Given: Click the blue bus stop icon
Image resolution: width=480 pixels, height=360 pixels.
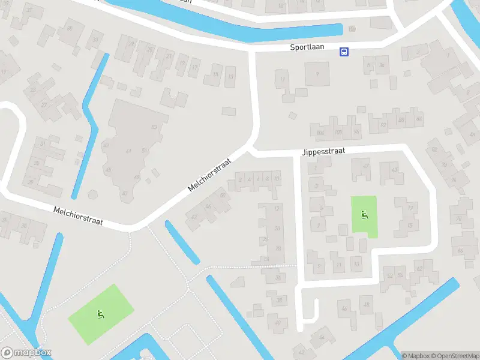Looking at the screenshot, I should [x=344, y=52].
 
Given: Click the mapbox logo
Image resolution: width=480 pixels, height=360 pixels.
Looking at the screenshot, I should [x=26, y=353].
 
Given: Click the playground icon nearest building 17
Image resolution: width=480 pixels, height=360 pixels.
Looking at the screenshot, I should [x=364, y=215].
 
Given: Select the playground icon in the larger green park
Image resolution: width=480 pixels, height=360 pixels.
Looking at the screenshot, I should [x=100, y=313].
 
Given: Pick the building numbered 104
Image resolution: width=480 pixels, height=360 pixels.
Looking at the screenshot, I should [x=320, y=132].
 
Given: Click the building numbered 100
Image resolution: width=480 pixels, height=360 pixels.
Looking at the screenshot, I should [x=338, y=131].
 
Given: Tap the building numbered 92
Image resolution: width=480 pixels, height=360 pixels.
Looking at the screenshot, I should [x=383, y=125].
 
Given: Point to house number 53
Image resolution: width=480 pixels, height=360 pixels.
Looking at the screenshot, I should [x=154, y=127].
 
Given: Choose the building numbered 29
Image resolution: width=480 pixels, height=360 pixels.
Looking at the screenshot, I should [x=131, y=43].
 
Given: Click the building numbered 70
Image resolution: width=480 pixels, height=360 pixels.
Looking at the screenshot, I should [x=459, y=219].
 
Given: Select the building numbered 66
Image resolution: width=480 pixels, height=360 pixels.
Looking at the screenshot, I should [x=460, y=250].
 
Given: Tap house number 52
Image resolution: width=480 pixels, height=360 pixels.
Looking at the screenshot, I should [x=390, y=275].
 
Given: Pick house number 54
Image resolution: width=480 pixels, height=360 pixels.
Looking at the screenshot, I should [x=400, y=275].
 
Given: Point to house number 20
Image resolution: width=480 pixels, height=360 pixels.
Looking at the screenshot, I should [x=277, y=228].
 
